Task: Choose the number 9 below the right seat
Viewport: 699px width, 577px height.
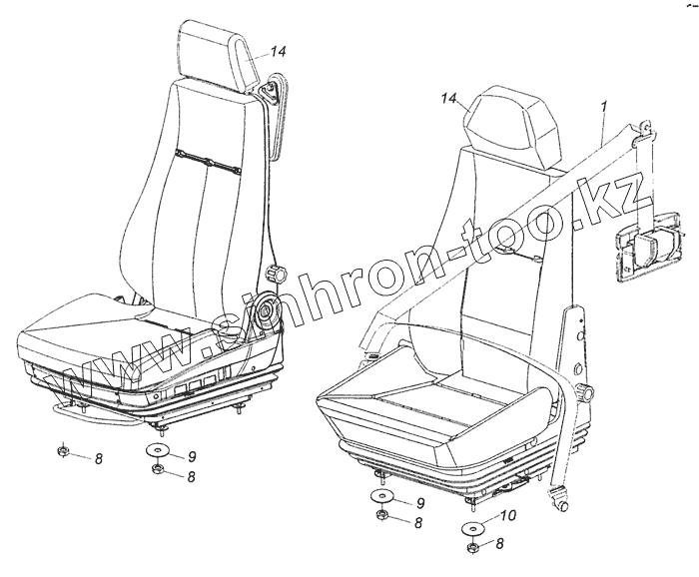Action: pos(419,502)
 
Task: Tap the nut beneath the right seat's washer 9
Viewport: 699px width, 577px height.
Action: pos(382,516)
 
